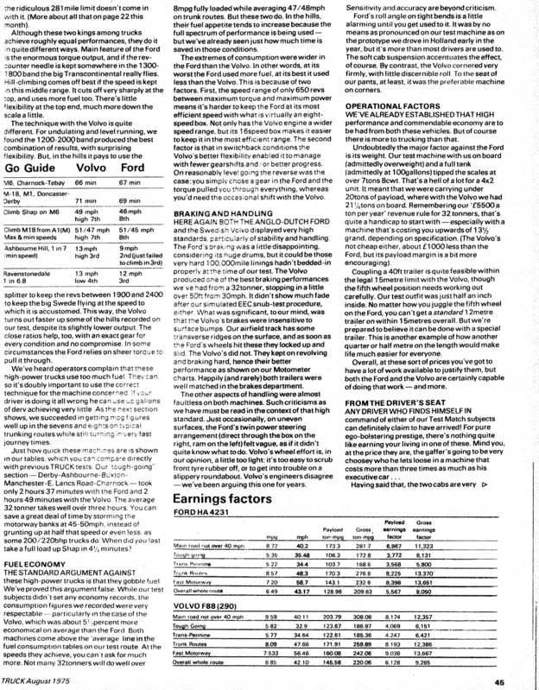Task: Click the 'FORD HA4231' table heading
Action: point(200,489)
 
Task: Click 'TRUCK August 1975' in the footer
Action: point(39,682)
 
